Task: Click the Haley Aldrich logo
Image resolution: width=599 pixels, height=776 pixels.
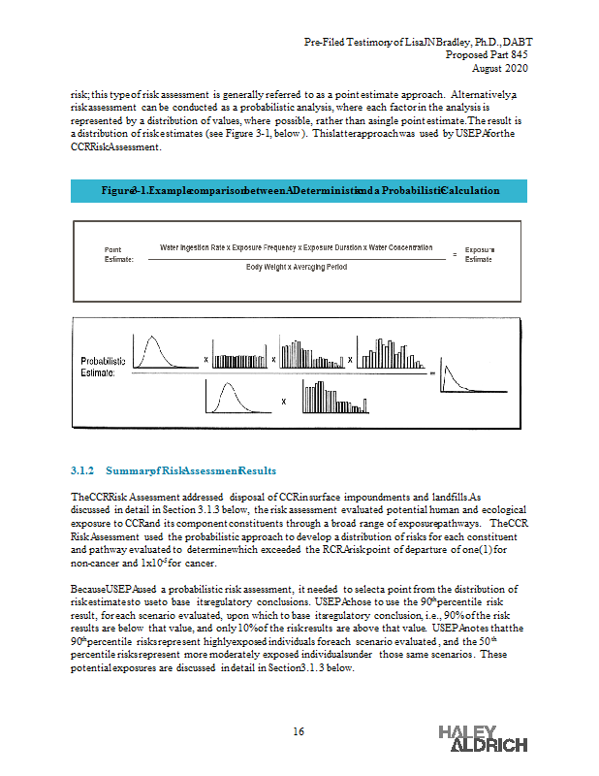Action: click(x=483, y=737)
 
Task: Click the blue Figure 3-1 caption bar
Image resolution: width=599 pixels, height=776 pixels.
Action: click(x=299, y=190)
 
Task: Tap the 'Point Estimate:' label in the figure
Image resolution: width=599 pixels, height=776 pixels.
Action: click(x=119, y=254)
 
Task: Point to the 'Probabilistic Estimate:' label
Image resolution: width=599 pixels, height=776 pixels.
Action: click(x=103, y=367)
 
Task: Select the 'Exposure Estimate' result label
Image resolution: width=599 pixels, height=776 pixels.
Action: click(x=479, y=254)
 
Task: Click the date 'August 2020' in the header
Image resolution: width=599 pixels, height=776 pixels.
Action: click(x=501, y=68)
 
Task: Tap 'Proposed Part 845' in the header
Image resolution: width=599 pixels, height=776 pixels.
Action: click(x=489, y=55)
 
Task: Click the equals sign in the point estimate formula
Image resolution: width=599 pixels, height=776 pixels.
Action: click(x=455, y=254)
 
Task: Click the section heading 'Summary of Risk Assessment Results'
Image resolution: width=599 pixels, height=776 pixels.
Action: click(x=194, y=470)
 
